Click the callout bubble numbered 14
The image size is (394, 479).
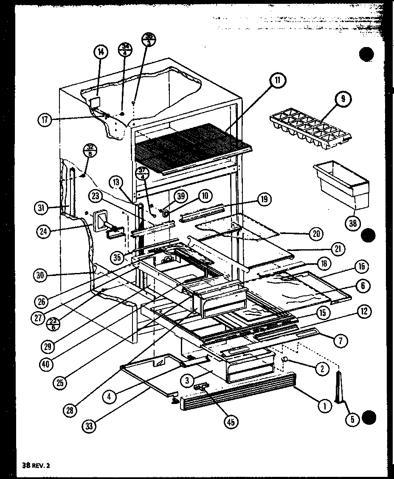(x=100, y=52)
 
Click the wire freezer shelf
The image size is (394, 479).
(x=191, y=146)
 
